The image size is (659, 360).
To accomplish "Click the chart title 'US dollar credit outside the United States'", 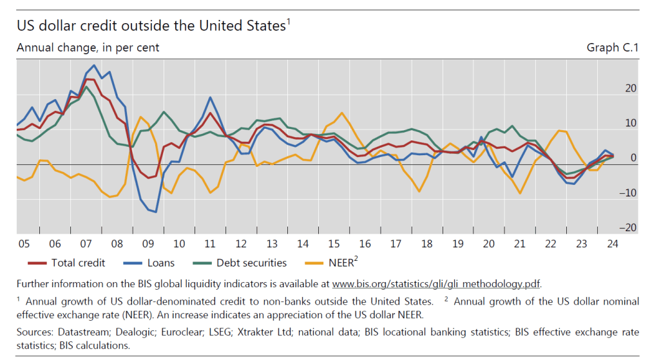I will point(151,26).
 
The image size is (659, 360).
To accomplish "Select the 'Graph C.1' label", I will point(612,48).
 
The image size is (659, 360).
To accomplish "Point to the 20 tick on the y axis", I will point(631,88).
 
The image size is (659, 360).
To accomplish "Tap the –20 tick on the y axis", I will point(628,227).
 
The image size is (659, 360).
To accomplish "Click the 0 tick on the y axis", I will point(633,158).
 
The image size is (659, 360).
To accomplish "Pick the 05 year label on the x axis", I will point(24,245).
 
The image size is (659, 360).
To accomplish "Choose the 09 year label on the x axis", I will point(148,245).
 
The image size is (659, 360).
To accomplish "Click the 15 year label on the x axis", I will point(333,245).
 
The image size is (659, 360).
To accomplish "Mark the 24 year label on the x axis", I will point(612,245).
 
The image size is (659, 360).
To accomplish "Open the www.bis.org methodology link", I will point(436,283).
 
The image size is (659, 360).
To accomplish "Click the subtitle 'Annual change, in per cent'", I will point(88,48).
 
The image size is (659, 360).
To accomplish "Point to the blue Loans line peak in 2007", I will point(95,65).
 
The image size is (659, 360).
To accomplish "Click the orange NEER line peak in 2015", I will point(341,113).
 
